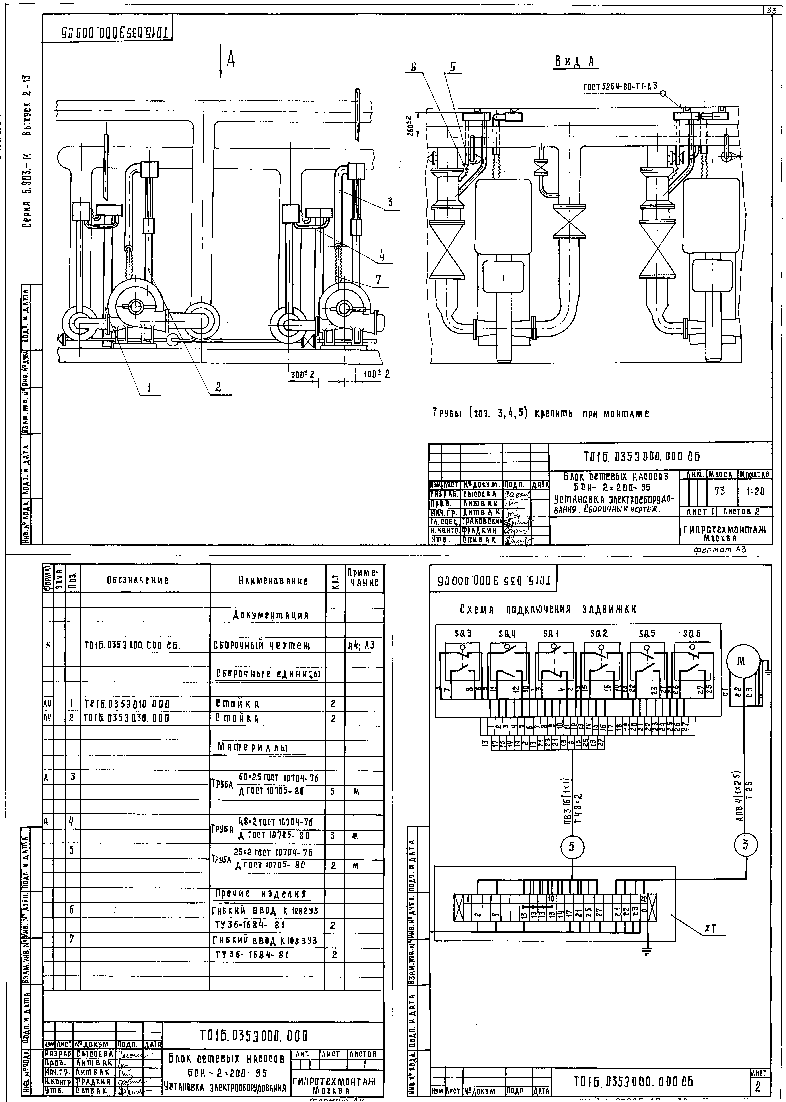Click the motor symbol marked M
(741, 661)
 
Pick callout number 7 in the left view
(378, 279)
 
